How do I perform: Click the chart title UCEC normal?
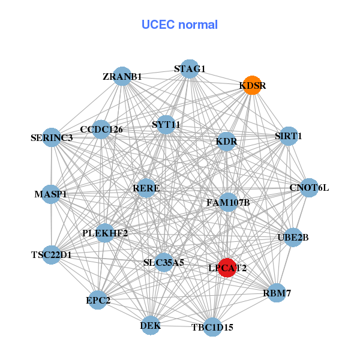coord(179,25)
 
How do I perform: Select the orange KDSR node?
coord(252,85)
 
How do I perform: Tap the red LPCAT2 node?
coord(226,268)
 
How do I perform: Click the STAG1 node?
coord(190,68)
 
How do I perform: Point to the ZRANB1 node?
coord(122,76)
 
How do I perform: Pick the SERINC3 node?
coord(52,137)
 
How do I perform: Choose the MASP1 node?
coord(51,194)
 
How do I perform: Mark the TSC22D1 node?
coord(52,254)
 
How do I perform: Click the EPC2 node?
coord(98,299)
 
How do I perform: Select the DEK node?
coord(151,326)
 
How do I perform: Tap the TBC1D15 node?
coord(212,327)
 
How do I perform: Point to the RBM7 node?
coord(276,293)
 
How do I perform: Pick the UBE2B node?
coord(293,237)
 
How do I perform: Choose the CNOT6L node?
coord(309,188)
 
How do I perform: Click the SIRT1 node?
coord(289,136)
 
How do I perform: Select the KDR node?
coord(226,142)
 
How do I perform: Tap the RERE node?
coord(146,188)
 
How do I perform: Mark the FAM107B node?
coord(227,202)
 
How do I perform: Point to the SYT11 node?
coord(166,125)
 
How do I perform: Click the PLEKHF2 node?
coord(105,233)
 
